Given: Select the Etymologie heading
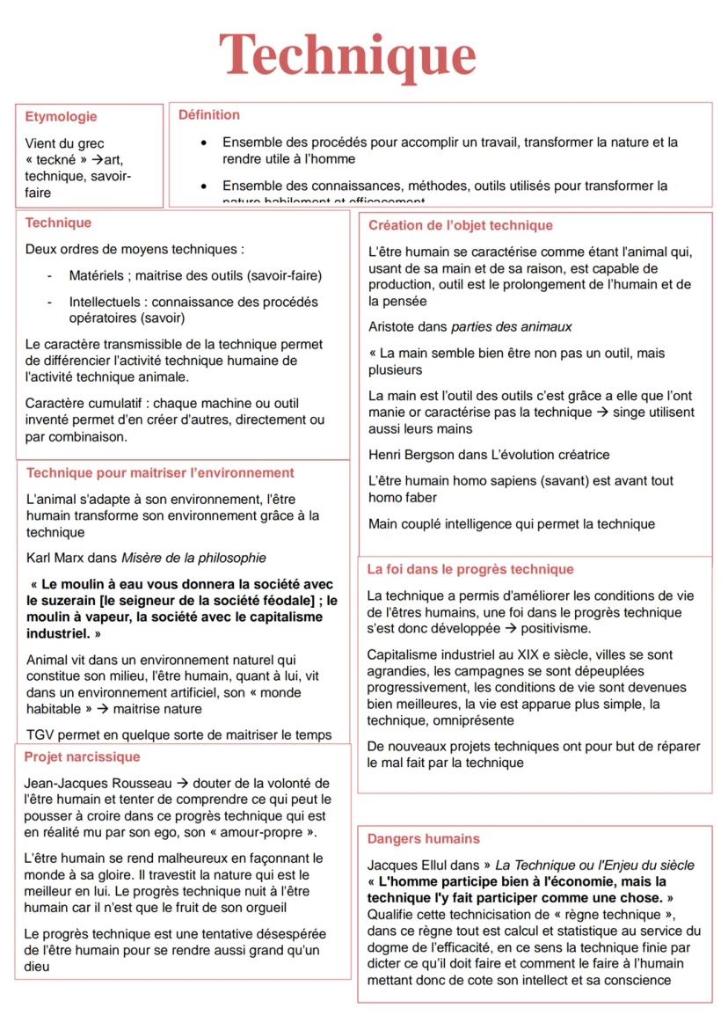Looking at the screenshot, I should click(x=61, y=116).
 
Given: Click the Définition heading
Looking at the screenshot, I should click(x=209, y=114).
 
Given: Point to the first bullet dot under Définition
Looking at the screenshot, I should click(x=204, y=142).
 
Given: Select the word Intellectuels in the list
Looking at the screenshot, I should click(x=106, y=302).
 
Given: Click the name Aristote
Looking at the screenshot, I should click(x=397, y=326).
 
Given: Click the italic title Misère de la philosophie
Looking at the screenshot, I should click(x=193, y=558).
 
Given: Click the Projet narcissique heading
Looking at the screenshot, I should click(x=82, y=756).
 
